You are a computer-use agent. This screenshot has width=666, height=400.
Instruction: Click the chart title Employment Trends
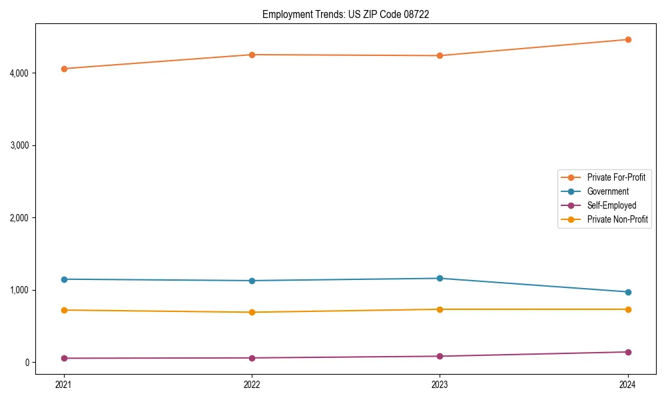click(x=345, y=14)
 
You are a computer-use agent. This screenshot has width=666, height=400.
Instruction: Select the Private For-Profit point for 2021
click(x=64, y=69)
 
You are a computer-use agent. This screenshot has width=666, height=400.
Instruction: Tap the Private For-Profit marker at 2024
click(x=628, y=39)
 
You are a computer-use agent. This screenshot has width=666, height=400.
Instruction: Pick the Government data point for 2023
click(x=440, y=278)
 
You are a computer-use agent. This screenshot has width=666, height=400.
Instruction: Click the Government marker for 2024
click(x=628, y=292)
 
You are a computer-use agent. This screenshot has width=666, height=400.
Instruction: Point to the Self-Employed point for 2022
click(x=252, y=358)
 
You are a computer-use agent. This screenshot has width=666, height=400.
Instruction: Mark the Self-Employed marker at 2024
click(x=628, y=352)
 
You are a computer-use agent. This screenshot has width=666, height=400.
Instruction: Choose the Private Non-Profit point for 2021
click(x=64, y=310)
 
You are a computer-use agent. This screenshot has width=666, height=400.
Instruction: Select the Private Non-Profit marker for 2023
click(x=440, y=309)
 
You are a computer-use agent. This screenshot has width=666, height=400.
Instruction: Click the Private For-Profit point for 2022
click(x=252, y=55)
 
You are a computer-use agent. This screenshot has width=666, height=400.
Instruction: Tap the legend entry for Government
click(x=607, y=191)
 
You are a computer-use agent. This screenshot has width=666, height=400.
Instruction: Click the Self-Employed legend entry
click(x=611, y=205)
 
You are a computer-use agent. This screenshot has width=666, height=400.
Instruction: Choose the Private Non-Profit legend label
click(x=617, y=219)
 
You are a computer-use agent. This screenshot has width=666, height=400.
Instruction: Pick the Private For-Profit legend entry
click(x=616, y=177)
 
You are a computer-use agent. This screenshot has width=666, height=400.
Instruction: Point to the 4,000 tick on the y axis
click(x=20, y=73)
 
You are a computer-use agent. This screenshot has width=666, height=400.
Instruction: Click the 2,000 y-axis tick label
click(x=20, y=218)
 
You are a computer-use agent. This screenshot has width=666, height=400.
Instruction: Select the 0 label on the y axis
click(x=28, y=363)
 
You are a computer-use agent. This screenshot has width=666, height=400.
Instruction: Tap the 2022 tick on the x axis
click(x=252, y=384)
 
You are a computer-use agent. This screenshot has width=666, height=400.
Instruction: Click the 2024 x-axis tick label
click(x=628, y=384)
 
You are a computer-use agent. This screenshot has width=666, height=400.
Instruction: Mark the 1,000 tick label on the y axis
click(x=20, y=290)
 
